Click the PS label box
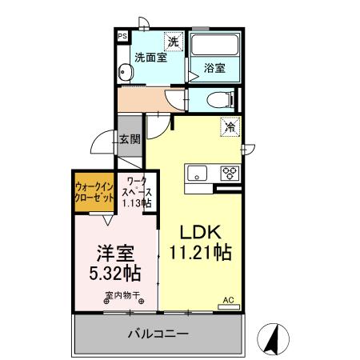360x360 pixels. click(x=122, y=36)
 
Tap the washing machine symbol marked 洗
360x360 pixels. click(x=173, y=40)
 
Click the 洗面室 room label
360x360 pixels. click(x=150, y=58)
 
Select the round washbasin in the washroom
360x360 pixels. click(x=124, y=74)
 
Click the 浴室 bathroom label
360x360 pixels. click(x=214, y=69)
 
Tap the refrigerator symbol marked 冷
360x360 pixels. click(x=230, y=126)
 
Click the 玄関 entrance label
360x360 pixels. click(x=130, y=138)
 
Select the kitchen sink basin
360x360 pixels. click(x=197, y=172)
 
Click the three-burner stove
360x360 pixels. click(x=230, y=172)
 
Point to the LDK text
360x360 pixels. click(x=199, y=232)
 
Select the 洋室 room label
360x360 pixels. click(x=114, y=253)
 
